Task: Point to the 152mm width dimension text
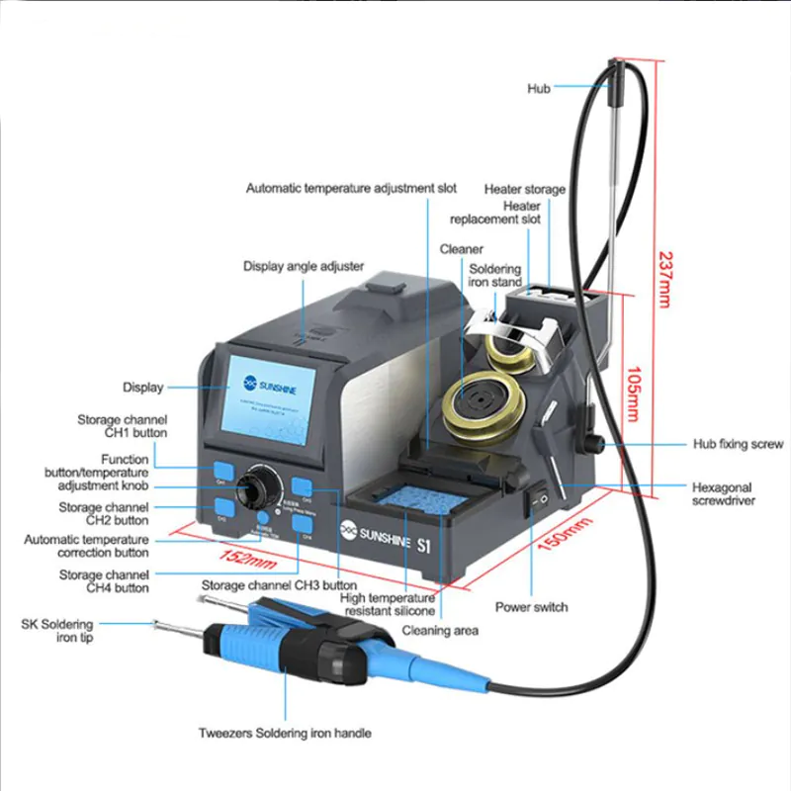[247, 561]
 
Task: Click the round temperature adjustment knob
[261, 487]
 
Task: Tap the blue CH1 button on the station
[223, 471]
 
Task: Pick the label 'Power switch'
[531, 607]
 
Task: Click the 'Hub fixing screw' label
[738, 445]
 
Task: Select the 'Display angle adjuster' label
[304, 266]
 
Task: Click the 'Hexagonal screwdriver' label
[722, 494]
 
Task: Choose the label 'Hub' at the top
[539, 89]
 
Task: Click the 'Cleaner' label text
[461, 249]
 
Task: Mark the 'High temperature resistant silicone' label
[387, 604]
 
